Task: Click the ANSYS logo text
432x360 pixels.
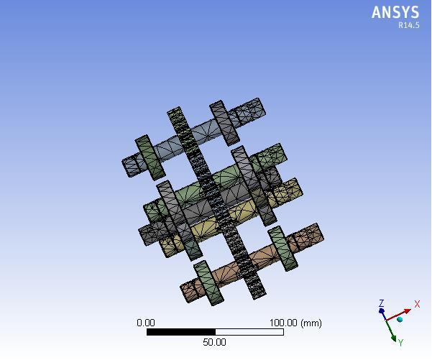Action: [395, 12]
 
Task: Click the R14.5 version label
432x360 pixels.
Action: [408, 25]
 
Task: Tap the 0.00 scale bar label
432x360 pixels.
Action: [146, 323]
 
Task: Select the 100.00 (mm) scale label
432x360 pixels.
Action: [295, 323]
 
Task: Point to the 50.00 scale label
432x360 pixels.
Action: [214, 342]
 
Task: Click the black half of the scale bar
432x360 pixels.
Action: [181, 332]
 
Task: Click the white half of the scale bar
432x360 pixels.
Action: [249, 332]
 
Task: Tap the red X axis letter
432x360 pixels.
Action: [417, 305]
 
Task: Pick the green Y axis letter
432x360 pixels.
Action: [400, 343]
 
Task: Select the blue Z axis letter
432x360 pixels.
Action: [382, 303]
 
